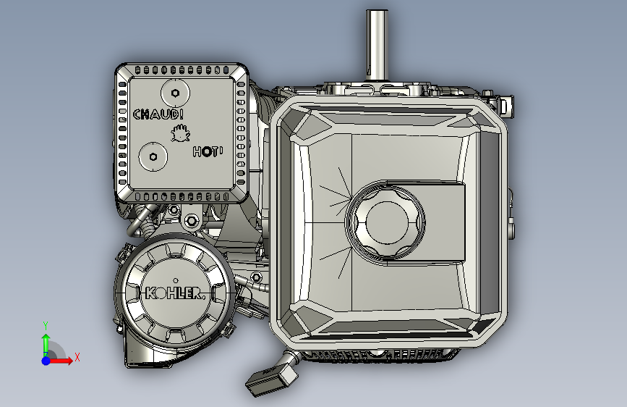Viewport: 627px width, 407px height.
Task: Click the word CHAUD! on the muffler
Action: [158, 114]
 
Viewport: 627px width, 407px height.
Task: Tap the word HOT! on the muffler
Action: [208, 151]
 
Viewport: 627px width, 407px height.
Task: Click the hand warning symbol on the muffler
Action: [181, 133]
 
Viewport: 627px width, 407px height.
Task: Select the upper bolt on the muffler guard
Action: [175, 93]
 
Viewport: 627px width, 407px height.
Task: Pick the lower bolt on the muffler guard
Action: [153, 156]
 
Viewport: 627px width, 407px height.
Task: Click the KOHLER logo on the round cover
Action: [175, 293]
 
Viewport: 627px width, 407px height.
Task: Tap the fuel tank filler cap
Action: [385, 223]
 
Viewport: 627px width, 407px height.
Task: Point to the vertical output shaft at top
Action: [377, 44]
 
